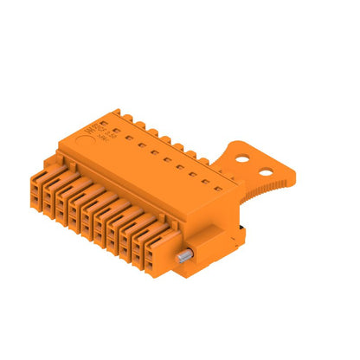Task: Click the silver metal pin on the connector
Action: (184, 257)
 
